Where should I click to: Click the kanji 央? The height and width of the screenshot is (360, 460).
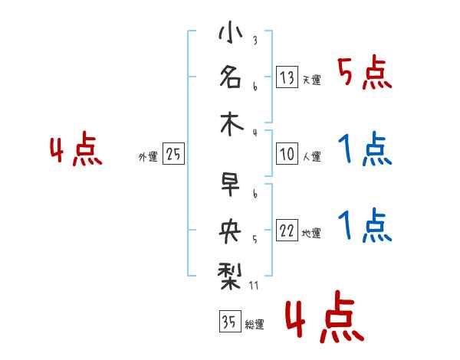point(229,228)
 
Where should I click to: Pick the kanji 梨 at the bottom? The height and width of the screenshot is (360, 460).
point(229,273)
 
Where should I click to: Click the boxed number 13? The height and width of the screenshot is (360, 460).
point(287,77)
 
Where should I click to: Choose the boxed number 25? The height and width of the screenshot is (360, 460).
point(173,155)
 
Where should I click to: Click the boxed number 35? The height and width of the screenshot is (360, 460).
point(228,322)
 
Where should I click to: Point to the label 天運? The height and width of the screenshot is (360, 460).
point(311,80)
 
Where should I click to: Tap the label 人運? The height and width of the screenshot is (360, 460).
point(311,157)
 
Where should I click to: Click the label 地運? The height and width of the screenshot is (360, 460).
point(311,234)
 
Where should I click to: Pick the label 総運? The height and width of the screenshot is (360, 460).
point(254,325)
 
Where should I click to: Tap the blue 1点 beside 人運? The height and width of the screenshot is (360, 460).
point(365,149)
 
